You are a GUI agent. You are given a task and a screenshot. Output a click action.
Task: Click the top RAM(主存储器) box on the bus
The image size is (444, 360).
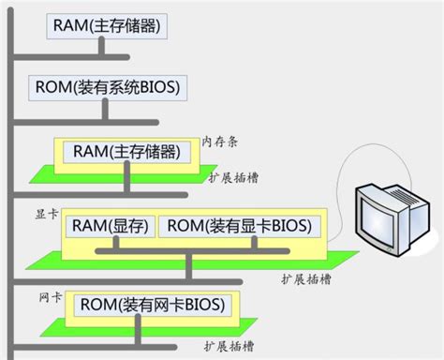pyautogui.click(x=107, y=26)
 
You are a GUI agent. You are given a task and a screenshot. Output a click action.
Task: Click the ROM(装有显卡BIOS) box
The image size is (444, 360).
pyautogui.click(x=239, y=226)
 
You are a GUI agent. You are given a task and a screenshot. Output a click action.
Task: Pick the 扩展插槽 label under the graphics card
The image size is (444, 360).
pyautogui.click(x=303, y=278)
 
